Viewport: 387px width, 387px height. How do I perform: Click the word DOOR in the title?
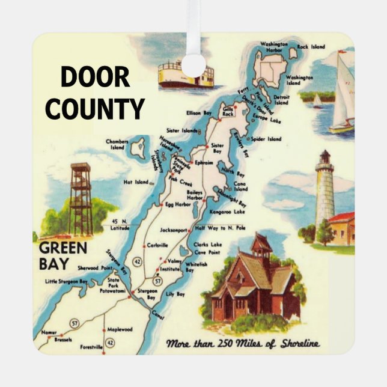pyautogui.click(x=95, y=78)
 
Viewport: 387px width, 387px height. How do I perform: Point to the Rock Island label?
pyautogui.click(x=311, y=46)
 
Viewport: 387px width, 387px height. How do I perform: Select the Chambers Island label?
pyautogui.click(x=117, y=144)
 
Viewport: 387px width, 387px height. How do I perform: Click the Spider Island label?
pyautogui.click(x=266, y=139)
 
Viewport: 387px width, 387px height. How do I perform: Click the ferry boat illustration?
pyautogui.click(x=185, y=75)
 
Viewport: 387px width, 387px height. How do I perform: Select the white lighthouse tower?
pyautogui.click(x=325, y=192)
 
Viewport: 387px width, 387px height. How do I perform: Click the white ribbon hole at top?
pyautogui.click(x=194, y=65)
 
